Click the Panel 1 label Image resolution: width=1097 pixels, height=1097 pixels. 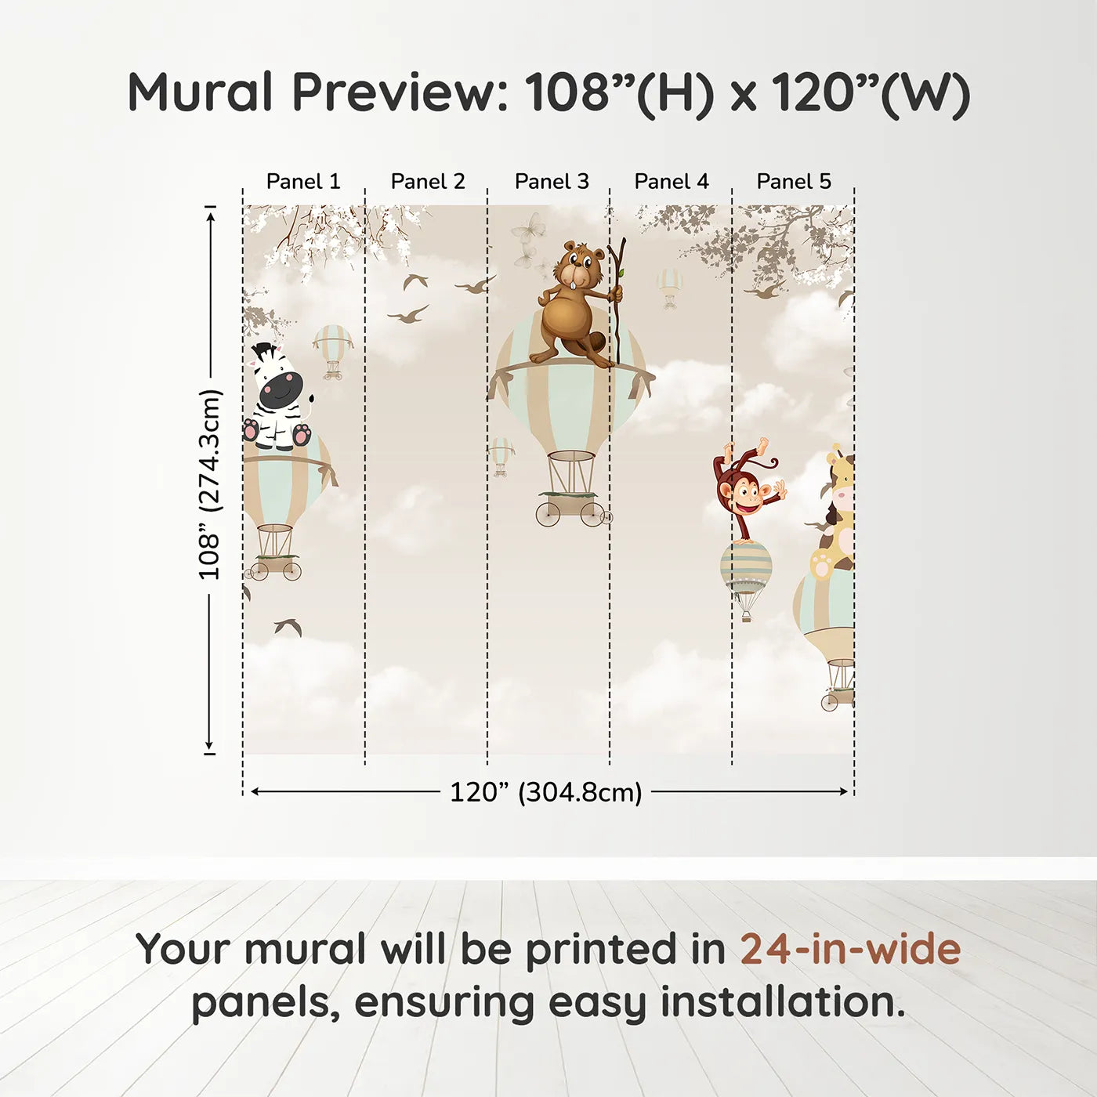pyautogui.click(x=303, y=182)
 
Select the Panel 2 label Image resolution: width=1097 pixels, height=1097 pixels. pyautogui.click(x=428, y=182)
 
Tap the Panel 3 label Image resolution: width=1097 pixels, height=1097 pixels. pyautogui.click(x=552, y=182)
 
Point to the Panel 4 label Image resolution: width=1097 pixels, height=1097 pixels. pyautogui.click(x=672, y=182)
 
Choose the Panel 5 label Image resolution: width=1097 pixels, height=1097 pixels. pyautogui.click(x=794, y=182)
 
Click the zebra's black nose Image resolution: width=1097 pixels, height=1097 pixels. pyautogui.click(x=281, y=389)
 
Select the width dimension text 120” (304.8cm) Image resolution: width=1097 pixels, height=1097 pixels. pyautogui.click(x=546, y=792)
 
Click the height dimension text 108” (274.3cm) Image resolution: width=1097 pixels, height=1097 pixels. pyautogui.click(x=210, y=484)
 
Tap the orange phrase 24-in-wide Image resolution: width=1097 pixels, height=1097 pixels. pyautogui.click(x=850, y=950)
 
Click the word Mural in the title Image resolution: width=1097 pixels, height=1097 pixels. pyautogui.click(x=201, y=92)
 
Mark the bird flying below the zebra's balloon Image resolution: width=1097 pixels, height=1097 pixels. pyautogui.click(x=288, y=626)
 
